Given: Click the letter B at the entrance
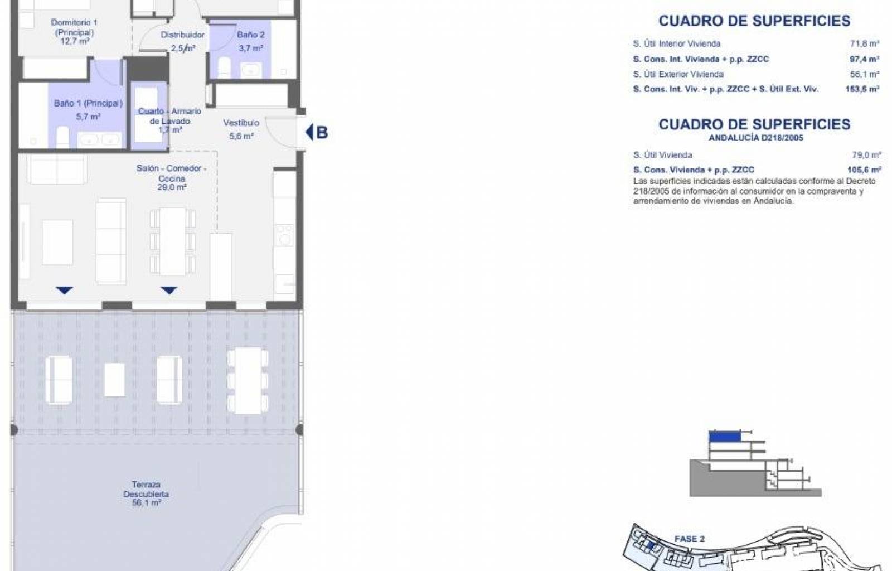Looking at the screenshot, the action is coord(322,133).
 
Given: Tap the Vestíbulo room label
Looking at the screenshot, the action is coord(241,123).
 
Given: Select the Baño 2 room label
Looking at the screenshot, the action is coord(250,35).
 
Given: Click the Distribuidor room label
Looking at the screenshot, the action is coord(183,35).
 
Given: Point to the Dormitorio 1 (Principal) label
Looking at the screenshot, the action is coord(75,27).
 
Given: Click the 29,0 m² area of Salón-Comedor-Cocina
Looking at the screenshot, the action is coord(172,187).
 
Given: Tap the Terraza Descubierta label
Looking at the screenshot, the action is coord(146,489).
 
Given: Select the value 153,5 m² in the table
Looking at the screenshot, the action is coord(862,89).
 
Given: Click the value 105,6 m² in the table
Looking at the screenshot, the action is coord(864,170).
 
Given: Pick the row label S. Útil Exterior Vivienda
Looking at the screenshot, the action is coord(678,75).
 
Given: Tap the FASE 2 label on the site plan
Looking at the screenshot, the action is coord(689,539).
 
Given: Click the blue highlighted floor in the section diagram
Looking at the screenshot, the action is coord(725,437).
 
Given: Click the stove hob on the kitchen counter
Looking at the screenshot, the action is coord(284,235).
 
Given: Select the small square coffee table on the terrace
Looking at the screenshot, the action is coord(114,380).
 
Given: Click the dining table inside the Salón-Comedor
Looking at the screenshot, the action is coord(172,241).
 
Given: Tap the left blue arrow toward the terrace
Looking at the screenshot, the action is coord(65,290).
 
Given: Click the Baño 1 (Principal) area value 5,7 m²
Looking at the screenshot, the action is coord(88,117).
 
